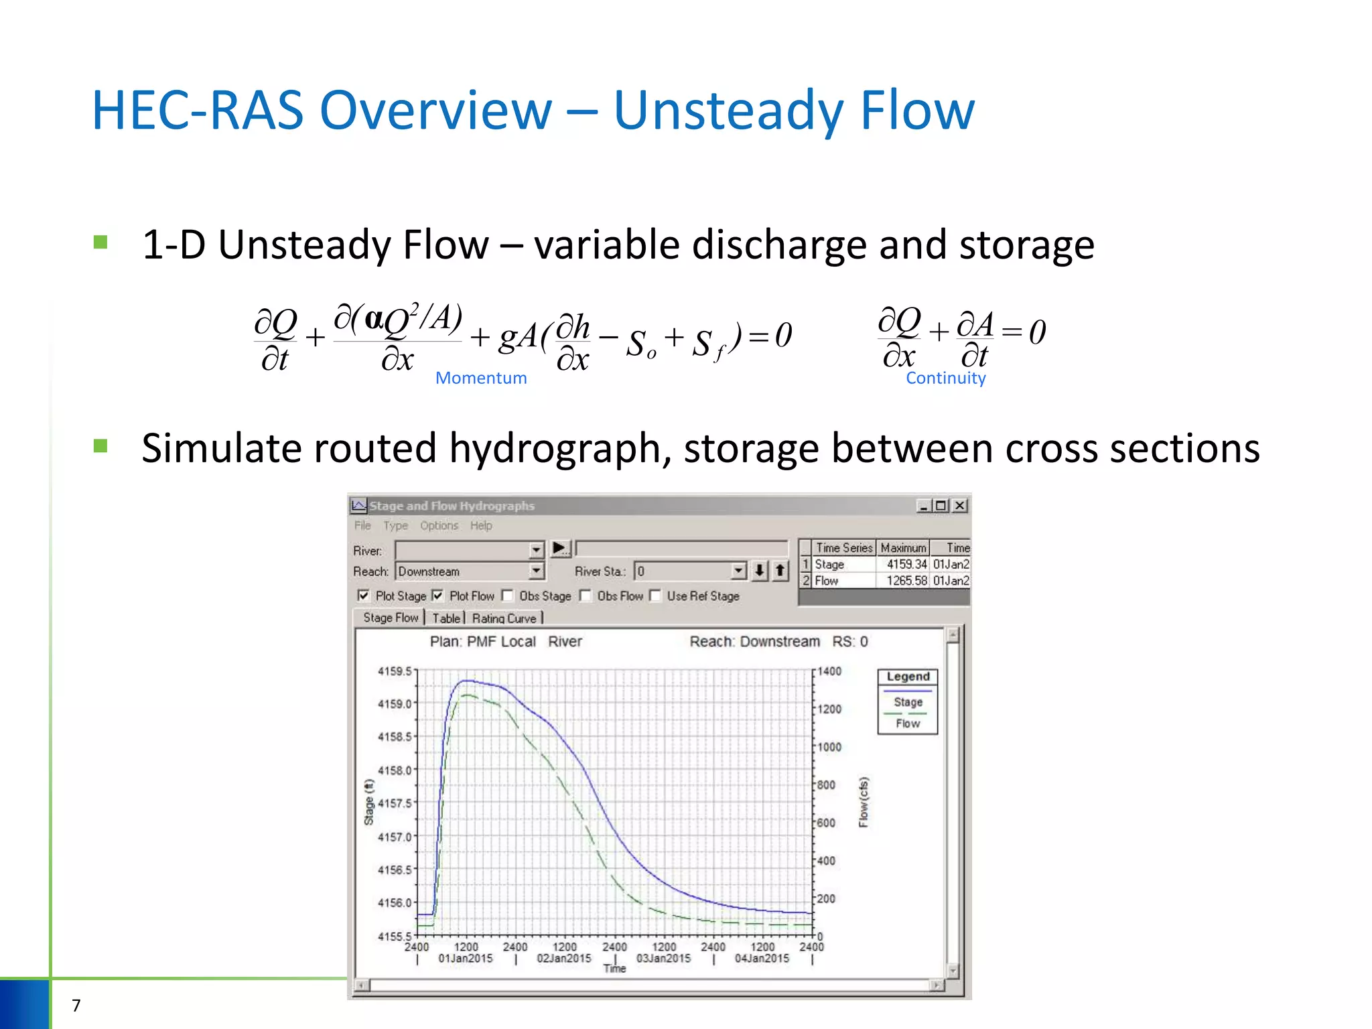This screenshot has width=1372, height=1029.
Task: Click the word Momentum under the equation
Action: click(x=481, y=378)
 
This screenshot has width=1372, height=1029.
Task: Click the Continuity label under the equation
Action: click(x=945, y=378)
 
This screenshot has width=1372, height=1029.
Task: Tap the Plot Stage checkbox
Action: click(x=364, y=595)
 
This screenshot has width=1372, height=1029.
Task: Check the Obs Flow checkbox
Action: click(x=586, y=595)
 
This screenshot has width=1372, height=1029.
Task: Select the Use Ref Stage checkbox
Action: click(x=655, y=595)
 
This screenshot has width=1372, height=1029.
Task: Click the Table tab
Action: click(x=446, y=618)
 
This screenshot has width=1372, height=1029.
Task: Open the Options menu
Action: click(x=439, y=526)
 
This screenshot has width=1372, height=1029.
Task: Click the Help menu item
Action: click(x=481, y=526)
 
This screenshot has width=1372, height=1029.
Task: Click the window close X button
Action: click(x=960, y=506)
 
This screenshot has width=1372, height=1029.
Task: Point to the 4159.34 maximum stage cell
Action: click(x=906, y=565)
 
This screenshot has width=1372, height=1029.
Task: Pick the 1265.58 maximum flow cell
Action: click(x=906, y=581)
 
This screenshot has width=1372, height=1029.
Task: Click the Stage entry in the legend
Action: click(x=908, y=702)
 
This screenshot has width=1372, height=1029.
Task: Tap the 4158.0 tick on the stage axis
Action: click(x=395, y=770)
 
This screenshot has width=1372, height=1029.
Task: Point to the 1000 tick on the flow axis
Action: click(x=829, y=747)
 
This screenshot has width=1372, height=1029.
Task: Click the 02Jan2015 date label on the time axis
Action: click(x=564, y=959)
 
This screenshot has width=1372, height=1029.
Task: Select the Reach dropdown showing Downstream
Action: click(x=470, y=571)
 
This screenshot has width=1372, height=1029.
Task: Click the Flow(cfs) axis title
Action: click(x=864, y=802)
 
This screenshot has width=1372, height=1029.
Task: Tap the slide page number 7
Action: click(x=76, y=1005)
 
